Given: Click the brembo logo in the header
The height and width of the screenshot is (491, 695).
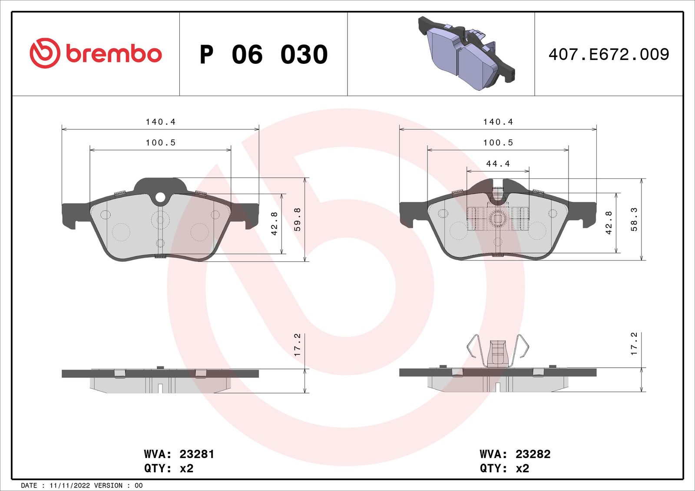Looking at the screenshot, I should (x=96, y=53).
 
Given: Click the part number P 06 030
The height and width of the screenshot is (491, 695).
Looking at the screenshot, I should (x=263, y=55).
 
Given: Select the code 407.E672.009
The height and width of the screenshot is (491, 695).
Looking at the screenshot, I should (x=608, y=54).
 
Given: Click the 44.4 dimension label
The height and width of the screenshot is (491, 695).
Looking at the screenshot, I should (x=498, y=164).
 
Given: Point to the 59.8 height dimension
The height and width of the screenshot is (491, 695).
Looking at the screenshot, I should (x=298, y=219).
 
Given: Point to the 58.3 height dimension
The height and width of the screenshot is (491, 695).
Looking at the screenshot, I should (x=634, y=219).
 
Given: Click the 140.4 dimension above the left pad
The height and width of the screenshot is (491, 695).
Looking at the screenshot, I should (x=160, y=122).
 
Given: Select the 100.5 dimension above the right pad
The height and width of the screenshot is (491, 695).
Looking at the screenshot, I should (x=498, y=142).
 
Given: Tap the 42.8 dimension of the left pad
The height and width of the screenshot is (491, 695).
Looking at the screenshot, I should (x=274, y=224).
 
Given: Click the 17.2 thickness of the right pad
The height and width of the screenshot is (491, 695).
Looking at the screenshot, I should (x=634, y=344).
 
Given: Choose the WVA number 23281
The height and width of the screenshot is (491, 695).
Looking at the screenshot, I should (x=197, y=454).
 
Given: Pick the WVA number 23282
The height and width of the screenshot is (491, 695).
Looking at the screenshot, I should (x=533, y=454).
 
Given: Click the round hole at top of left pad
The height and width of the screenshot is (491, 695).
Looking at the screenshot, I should (x=160, y=198).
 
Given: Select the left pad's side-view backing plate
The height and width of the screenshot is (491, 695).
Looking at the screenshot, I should (x=160, y=373).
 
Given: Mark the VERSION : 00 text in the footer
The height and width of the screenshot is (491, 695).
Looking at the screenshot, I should (x=118, y=485).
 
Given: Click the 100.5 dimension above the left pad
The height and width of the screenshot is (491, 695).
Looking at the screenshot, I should (x=160, y=142).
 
